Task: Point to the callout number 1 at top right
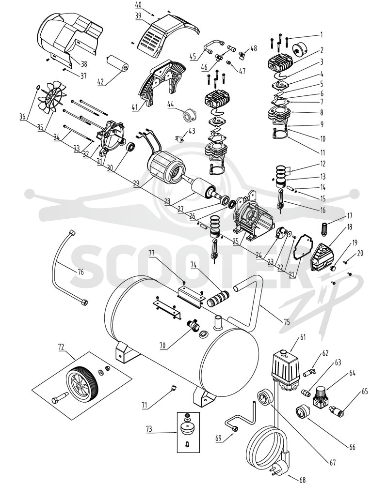[322, 34]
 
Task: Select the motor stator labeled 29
[166, 168]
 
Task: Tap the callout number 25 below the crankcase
[236, 241]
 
